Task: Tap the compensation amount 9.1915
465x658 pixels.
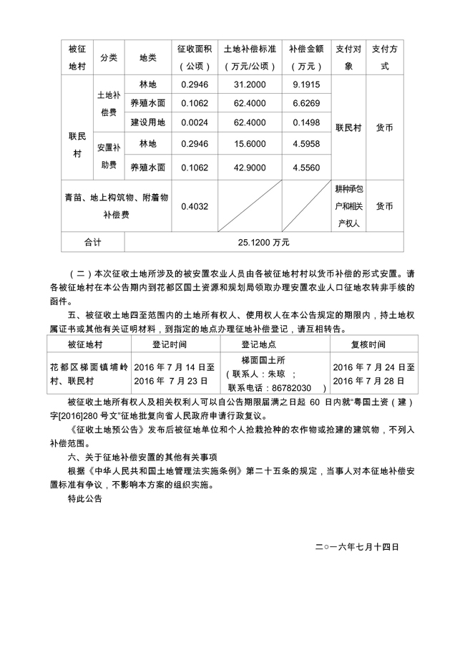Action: (306, 84)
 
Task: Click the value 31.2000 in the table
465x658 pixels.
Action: (250, 84)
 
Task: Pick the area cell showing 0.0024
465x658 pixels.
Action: (194, 122)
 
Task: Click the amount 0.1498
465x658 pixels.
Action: (306, 122)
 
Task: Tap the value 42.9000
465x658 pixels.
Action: (250, 167)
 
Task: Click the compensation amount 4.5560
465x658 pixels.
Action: (306, 167)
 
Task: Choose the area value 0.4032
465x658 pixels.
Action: (194, 206)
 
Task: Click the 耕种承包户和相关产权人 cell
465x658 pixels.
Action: (350, 206)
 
